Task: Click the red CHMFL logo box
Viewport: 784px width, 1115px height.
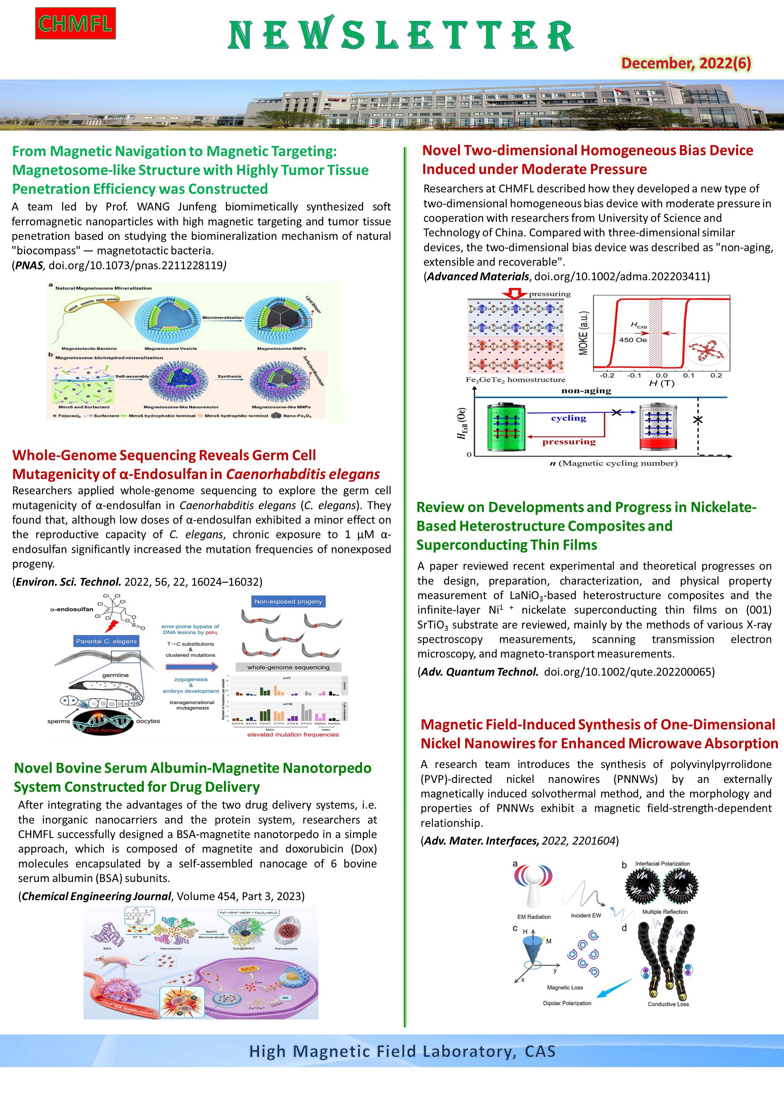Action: (x=75, y=23)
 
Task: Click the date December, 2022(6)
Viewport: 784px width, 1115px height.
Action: (x=686, y=63)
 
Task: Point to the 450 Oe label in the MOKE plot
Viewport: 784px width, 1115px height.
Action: (x=633, y=339)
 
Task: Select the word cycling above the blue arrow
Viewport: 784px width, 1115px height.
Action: (x=568, y=418)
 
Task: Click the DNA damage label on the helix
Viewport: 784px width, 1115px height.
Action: (x=103, y=730)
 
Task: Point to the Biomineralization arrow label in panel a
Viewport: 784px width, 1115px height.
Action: (x=223, y=318)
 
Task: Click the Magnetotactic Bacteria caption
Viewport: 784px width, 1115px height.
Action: (x=89, y=349)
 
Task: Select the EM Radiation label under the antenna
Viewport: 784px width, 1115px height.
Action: (x=534, y=917)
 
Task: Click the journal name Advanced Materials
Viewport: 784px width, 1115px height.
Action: (x=478, y=276)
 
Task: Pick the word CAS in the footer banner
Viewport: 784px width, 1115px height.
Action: (x=540, y=1051)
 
